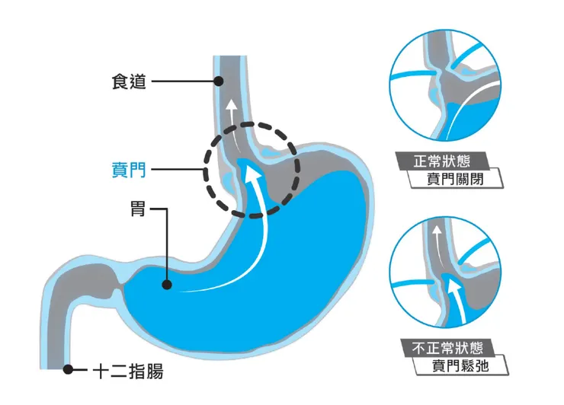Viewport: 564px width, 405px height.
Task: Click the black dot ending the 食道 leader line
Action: coord(219,81)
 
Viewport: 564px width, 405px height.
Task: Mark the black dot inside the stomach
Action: coord(165,286)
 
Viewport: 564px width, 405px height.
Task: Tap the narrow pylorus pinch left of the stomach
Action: coord(115,289)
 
